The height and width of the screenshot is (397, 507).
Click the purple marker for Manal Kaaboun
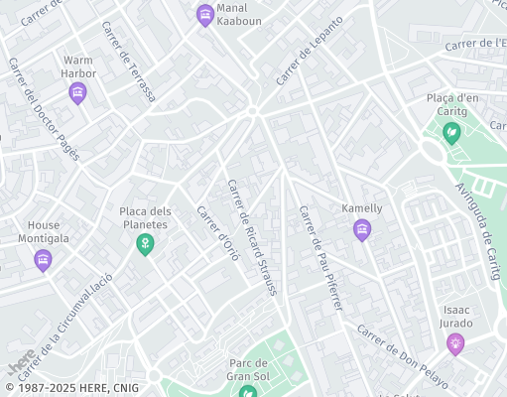click(204, 14)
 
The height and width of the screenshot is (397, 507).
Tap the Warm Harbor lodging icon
click(78, 94)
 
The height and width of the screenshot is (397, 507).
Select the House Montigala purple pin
click(43, 260)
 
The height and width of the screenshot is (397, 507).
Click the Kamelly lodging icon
click(362, 231)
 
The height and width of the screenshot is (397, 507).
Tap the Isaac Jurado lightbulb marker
click(455, 343)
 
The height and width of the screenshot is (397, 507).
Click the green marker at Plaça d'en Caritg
click(452, 132)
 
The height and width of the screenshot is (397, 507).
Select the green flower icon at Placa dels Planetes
click(145, 243)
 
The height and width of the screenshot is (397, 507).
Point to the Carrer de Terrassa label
click(128, 62)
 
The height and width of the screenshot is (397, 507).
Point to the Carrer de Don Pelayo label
click(403, 355)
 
